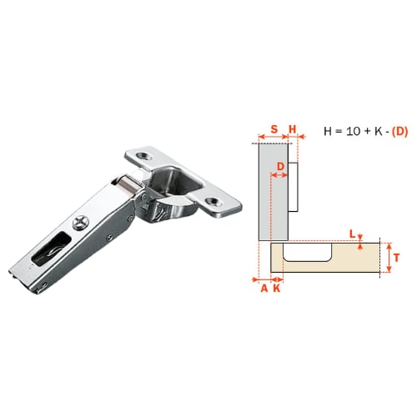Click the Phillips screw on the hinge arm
pos(81,223)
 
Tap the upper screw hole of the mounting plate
pos(145,155)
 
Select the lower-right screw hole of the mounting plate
pos(214,202)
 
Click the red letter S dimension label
pos(274,129)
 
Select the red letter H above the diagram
pos(293,129)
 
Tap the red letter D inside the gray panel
pos(280,166)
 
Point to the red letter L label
pos(353,234)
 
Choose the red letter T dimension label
pos(397,258)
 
